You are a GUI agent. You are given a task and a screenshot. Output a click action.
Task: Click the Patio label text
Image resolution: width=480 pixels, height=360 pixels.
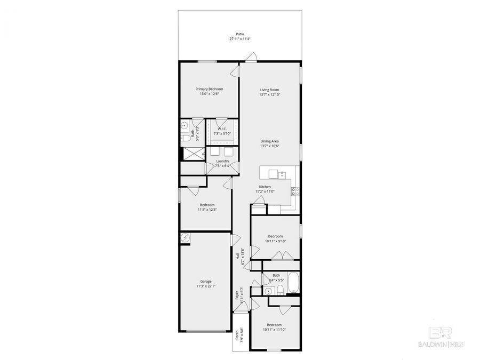(x=240, y=34)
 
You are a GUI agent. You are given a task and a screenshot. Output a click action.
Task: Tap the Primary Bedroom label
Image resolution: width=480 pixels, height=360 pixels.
(x=209, y=89)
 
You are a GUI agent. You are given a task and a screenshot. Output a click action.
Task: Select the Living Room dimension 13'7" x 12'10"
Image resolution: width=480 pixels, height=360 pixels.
(x=269, y=94)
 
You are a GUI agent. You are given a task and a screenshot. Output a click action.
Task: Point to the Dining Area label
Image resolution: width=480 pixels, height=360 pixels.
(x=269, y=141)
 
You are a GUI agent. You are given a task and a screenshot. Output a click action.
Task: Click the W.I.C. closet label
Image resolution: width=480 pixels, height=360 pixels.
(x=222, y=129)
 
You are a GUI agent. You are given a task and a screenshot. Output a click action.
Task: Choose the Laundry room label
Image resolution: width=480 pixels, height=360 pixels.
(x=222, y=161)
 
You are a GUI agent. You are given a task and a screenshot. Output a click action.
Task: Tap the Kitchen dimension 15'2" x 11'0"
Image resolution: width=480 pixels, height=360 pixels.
(x=265, y=191)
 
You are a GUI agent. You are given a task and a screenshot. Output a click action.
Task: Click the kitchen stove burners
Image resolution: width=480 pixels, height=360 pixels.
(x=295, y=191)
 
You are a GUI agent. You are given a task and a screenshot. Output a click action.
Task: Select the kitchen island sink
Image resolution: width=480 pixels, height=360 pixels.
(x=283, y=173)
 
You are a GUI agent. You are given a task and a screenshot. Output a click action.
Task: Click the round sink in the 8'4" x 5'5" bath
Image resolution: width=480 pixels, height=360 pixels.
(x=269, y=291)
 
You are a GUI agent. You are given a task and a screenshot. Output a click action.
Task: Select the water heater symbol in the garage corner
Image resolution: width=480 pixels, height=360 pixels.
(x=185, y=238)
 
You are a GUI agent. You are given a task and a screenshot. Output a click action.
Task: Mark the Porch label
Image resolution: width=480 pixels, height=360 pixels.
(x=237, y=335)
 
